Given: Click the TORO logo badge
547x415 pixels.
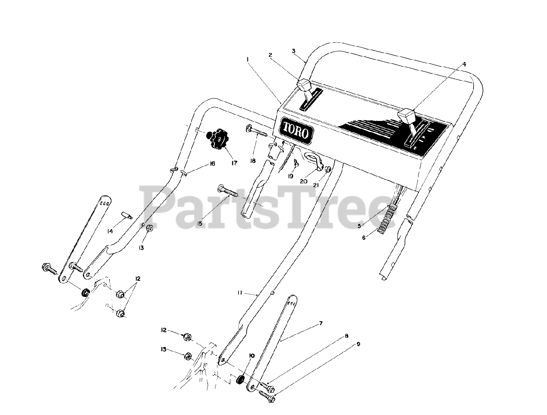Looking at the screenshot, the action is [x=296, y=131].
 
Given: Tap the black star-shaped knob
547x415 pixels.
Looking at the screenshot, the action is [x=218, y=139].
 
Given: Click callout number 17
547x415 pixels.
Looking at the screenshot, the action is [x=233, y=163].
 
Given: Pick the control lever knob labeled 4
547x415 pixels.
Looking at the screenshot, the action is [x=407, y=115].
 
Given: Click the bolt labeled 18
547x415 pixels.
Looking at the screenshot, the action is [x=256, y=130].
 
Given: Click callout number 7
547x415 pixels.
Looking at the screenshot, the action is [x=321, y=324].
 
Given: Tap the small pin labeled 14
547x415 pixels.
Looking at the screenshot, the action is [x=126, y=215].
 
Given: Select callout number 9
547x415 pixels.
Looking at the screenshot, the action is [x=358, y=344].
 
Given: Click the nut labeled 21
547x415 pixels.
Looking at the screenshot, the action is [x=328, y=170].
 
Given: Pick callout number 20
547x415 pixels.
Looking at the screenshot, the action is [x=303, y=181].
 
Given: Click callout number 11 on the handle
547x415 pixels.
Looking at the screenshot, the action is [x=240, y=293].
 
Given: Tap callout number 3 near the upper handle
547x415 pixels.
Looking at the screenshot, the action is [x=294, y=51].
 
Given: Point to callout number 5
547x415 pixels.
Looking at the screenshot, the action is [x=359, y=226].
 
